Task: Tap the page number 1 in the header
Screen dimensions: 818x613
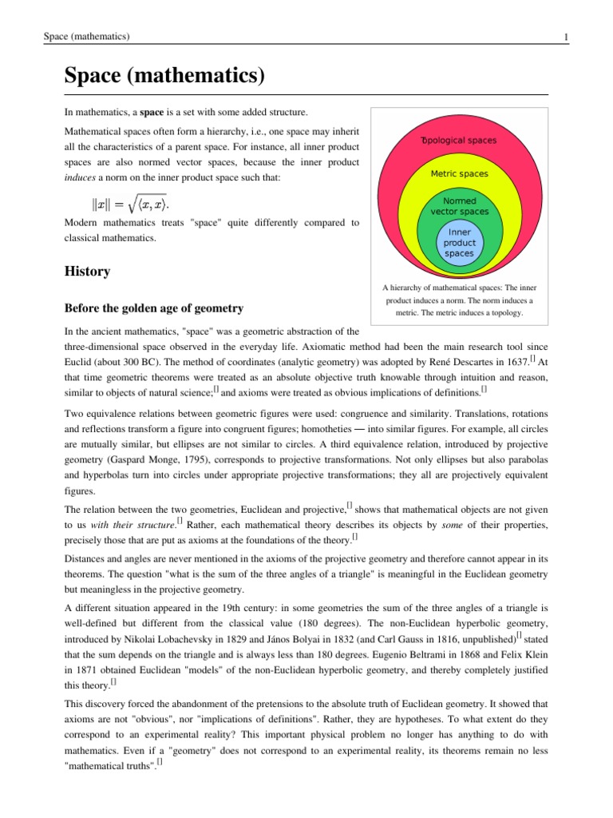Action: (565, 37)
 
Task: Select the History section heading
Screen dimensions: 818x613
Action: (87, 272)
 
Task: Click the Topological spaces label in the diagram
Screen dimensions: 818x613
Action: (459, 140)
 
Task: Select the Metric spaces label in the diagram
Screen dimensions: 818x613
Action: (459, 173)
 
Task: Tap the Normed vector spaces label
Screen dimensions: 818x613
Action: (459, 206)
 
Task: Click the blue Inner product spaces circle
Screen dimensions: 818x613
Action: (459, 243)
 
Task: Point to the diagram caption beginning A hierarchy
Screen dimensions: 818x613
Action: (459, 300)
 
